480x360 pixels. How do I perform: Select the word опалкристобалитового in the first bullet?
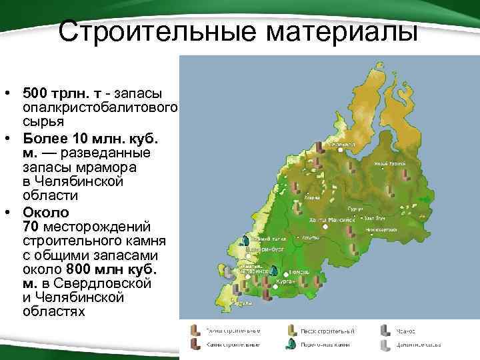99,107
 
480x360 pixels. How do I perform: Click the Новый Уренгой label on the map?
389,163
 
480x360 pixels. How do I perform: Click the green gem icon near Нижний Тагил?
245,240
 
